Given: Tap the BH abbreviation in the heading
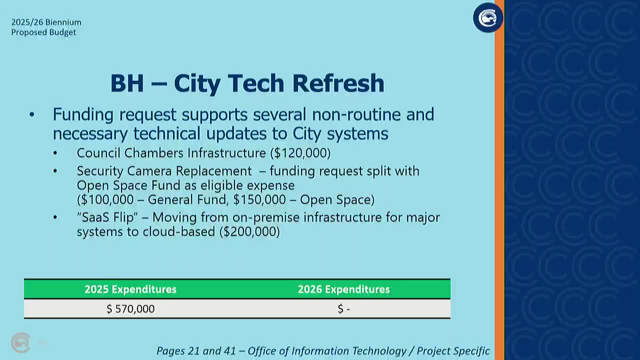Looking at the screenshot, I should pos(127,83).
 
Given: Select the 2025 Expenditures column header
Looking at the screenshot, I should pos(130,289).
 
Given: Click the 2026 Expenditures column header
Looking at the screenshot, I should pos(343,289).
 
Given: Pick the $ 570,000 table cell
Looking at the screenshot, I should pos(130,309).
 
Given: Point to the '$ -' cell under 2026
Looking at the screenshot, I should pos(343,309).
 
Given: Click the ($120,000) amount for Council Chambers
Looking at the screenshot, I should pos(300,153).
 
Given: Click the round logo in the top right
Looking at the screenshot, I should pos(487,18).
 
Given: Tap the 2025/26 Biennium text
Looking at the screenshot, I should pos(46,22).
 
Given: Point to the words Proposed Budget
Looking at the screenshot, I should pos(43,32).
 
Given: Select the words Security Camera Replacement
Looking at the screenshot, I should pos(164,171).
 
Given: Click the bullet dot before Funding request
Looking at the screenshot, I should pos(32,115).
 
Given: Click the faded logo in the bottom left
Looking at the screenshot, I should pos(20,342).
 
